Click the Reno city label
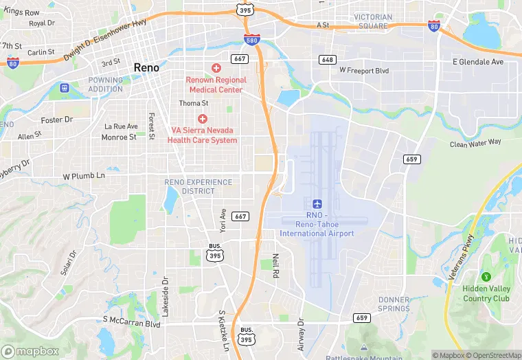click(x=146, y=67)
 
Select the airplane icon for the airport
click(x=317, y=204)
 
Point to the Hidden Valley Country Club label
click(x=486, y=294)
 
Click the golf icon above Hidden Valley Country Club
click(x=486, y=277)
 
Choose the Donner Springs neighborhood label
click(x=394, y=304)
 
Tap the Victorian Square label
click(x=373, y=21)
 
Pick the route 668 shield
click(x=328, y=59)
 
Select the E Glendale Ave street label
click(x=478, y=62)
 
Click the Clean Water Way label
click(x=475, y=142)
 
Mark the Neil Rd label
click(x=276, y=265)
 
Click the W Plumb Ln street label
click(x=84, y=176)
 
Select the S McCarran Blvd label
click(x=131, y=320)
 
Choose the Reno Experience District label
click(x=190, y=186)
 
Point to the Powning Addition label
click(x=105, y=85)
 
